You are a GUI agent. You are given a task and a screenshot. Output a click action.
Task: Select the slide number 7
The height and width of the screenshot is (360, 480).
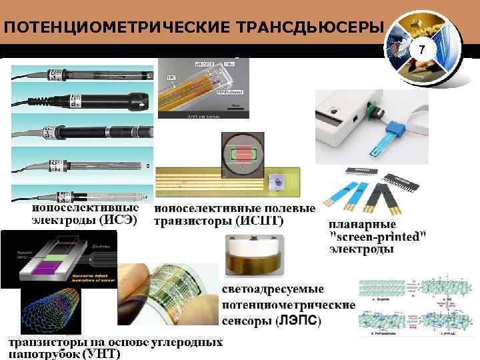coord(421,51)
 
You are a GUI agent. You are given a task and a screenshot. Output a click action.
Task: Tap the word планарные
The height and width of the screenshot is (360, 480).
coord(363,224)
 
